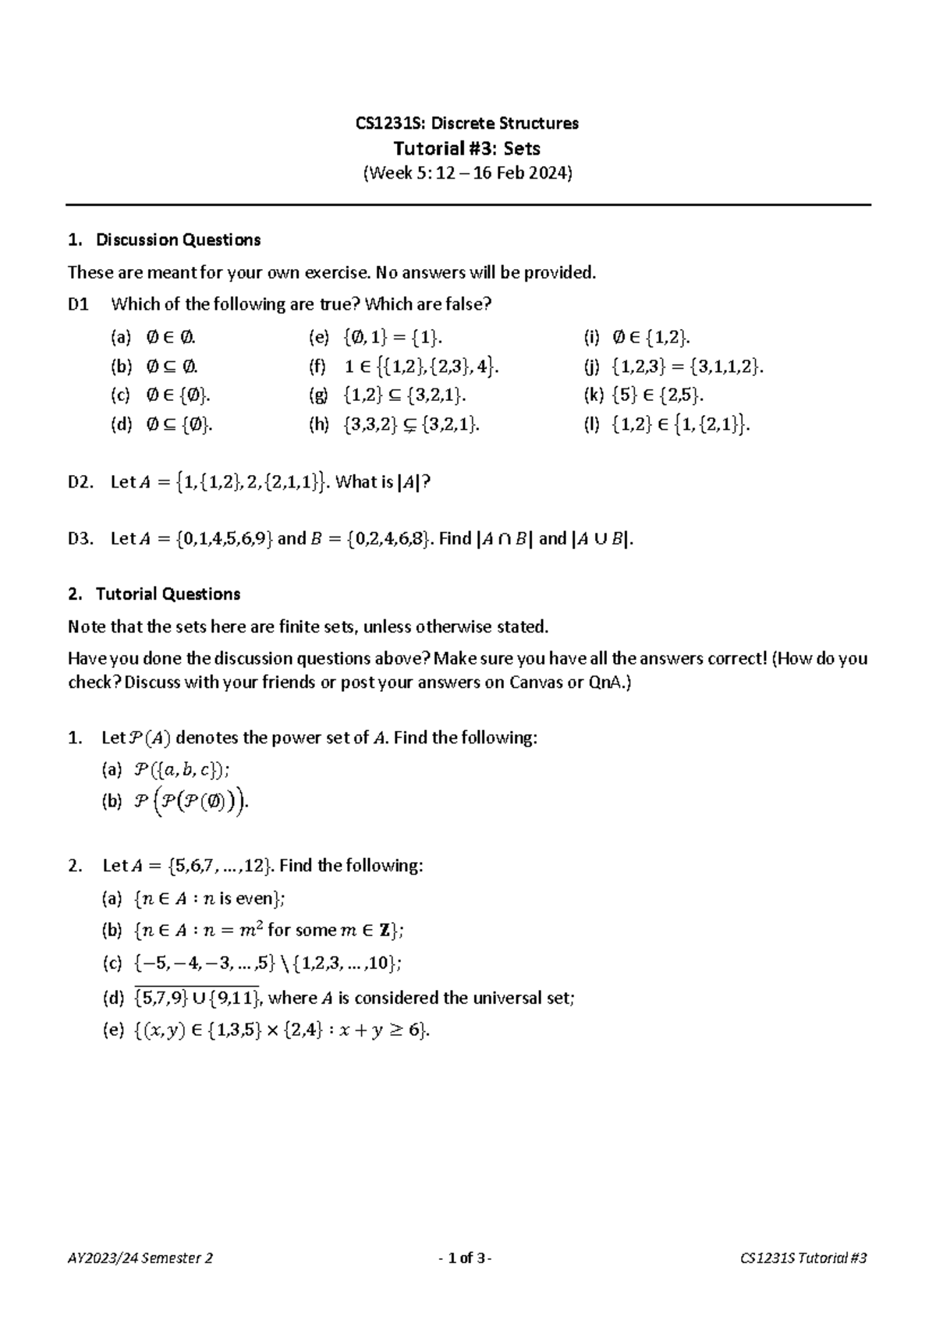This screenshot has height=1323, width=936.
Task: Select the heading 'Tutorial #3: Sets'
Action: [466, 148]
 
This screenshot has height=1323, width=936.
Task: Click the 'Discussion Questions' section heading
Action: [178, 240]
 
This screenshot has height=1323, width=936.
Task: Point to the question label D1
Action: [79, 304]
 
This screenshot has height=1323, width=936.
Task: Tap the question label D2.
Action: [80, 482]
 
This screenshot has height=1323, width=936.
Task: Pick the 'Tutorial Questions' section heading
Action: [167, 594]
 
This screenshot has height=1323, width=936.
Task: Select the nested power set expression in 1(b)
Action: [192, 801]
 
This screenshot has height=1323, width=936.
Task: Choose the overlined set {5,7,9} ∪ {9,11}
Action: [199, 997]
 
